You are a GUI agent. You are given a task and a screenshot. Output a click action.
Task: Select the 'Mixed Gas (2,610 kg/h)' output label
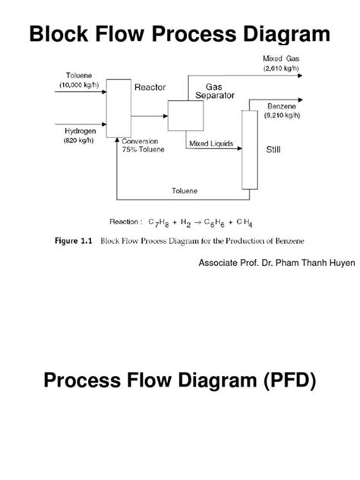point(283,63)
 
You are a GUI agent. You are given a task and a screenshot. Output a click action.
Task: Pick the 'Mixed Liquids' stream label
point(210,143)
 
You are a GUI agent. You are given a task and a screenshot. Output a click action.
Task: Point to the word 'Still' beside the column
point(273,150)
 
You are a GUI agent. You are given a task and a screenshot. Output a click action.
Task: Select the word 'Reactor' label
point(150,87)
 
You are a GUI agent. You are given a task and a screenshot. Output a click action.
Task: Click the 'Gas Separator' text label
point(215,91)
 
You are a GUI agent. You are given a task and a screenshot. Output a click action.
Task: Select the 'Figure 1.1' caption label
point(71,242)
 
